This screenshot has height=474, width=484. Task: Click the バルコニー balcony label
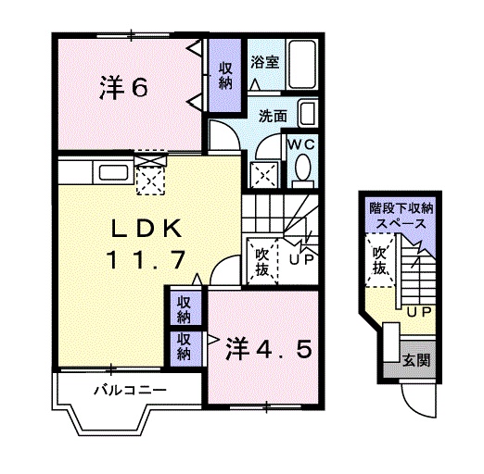[x=129, y=389]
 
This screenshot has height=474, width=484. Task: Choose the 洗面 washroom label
[x=273, y=117]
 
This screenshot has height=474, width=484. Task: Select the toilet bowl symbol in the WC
[x=301, y=169]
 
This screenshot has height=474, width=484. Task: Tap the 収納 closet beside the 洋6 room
[x=226, y=75]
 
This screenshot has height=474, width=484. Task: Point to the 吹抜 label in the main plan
[x=261, y=259]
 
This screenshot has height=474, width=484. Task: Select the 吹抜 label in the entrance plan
[x=380, y=262]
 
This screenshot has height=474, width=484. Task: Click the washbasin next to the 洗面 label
[x=309, y=117]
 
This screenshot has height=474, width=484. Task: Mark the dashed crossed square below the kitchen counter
[x=148, y=179]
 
